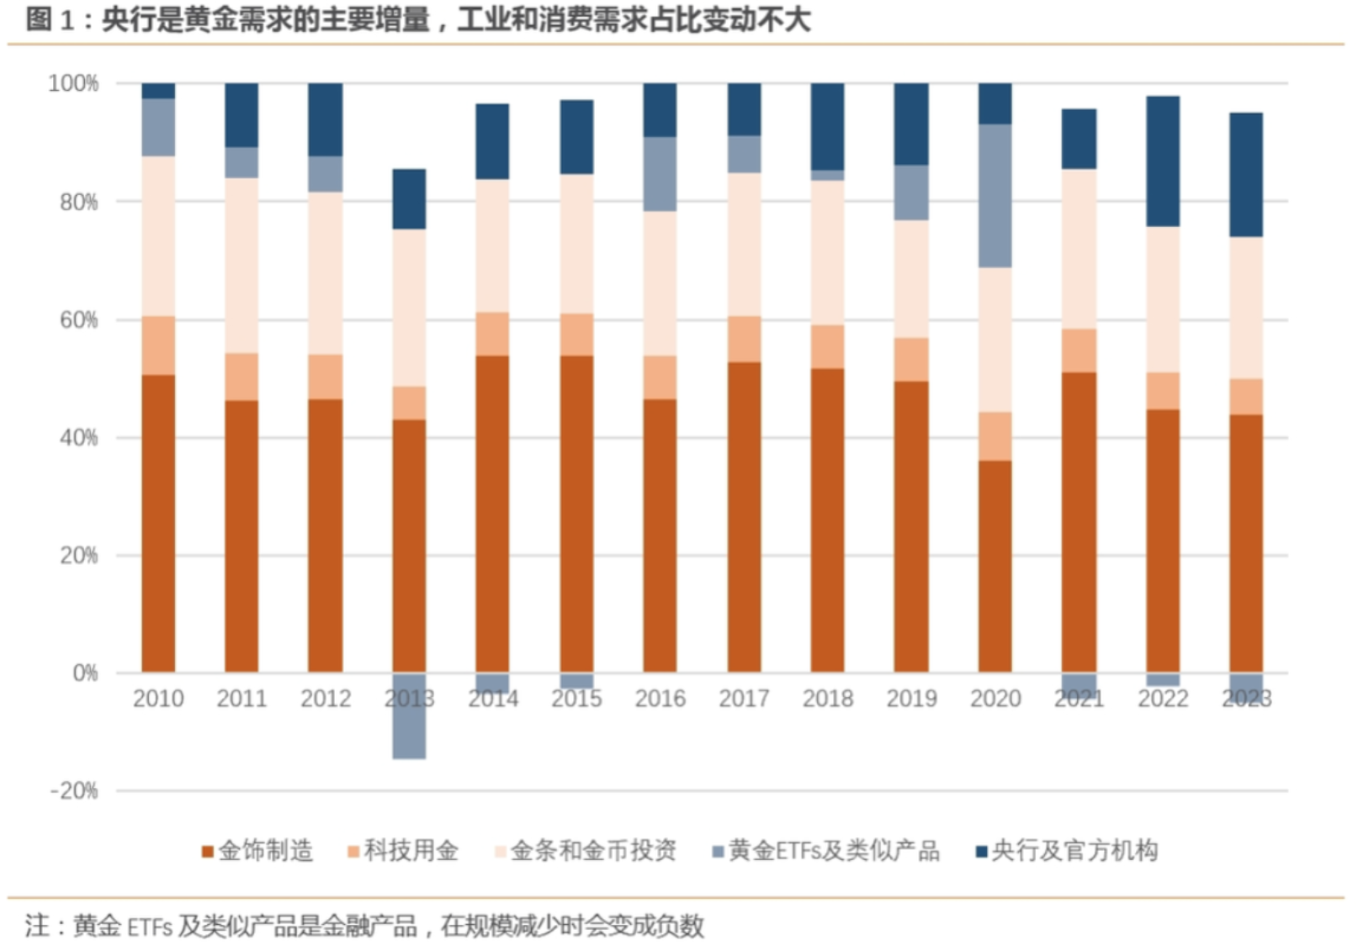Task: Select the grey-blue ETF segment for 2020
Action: pos(995,196)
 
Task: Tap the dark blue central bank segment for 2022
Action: pos(1163,161)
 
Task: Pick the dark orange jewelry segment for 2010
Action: pos(158,523)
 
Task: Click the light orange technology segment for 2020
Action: pos(995,436)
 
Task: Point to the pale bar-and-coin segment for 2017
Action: pos(744,244)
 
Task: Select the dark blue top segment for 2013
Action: pos(409,199)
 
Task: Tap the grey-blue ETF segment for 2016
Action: pos(660,174)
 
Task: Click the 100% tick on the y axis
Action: pos(73,83)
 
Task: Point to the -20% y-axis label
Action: pos(74,791)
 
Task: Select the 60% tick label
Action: pos(78,320)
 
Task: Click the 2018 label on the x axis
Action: pos(827,699)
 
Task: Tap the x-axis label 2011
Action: pos(241,699)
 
